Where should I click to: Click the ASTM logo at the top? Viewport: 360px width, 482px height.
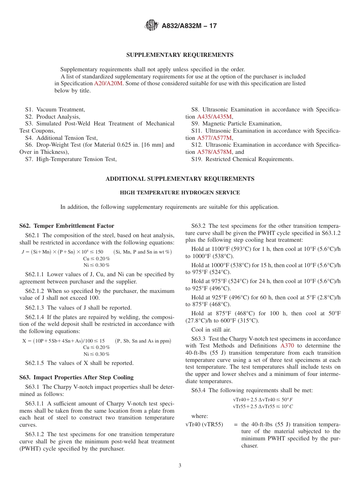152,26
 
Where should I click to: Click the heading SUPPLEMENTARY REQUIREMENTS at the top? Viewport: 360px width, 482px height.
180,55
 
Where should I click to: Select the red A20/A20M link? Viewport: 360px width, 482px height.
108,84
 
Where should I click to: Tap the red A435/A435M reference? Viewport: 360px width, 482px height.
214,117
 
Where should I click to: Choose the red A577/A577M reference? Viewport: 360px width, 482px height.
214,138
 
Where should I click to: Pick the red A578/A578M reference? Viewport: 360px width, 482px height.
214,152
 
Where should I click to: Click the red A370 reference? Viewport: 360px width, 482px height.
287,346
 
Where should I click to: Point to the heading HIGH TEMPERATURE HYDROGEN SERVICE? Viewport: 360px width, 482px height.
180,192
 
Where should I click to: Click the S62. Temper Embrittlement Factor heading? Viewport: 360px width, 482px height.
67,226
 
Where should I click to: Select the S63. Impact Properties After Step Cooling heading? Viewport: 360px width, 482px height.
76,377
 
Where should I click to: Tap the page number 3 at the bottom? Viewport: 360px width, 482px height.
180,466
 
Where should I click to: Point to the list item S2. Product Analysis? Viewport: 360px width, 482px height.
53,117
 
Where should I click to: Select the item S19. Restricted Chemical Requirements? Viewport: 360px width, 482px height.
242,159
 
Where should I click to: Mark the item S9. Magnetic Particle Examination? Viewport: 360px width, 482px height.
236,124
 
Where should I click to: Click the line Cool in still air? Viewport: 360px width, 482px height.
211,330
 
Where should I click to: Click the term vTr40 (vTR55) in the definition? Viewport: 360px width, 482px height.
204,424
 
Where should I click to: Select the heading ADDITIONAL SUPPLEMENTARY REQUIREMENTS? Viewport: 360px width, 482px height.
180,179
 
